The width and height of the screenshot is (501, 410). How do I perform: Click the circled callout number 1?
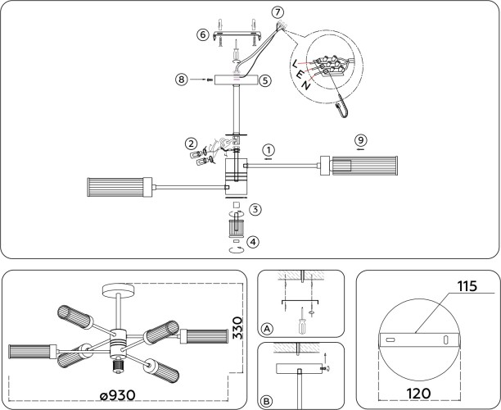click(x=268, y=151)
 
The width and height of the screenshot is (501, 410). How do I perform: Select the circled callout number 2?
click(x=190, y=143)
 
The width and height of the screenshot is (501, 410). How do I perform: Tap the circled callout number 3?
click(x=255, y=210)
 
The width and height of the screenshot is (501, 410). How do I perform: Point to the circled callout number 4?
click(x=255, y=242)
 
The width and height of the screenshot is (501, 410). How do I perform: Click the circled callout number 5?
click(x=265, y=80)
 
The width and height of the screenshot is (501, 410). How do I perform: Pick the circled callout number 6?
click(x=201, y=34)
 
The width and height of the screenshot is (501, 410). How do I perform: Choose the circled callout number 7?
click(x=278, y=12)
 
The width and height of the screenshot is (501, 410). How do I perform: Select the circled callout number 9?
click(x=361, y=139)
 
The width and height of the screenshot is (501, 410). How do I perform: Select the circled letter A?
click(x=266, y=329)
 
